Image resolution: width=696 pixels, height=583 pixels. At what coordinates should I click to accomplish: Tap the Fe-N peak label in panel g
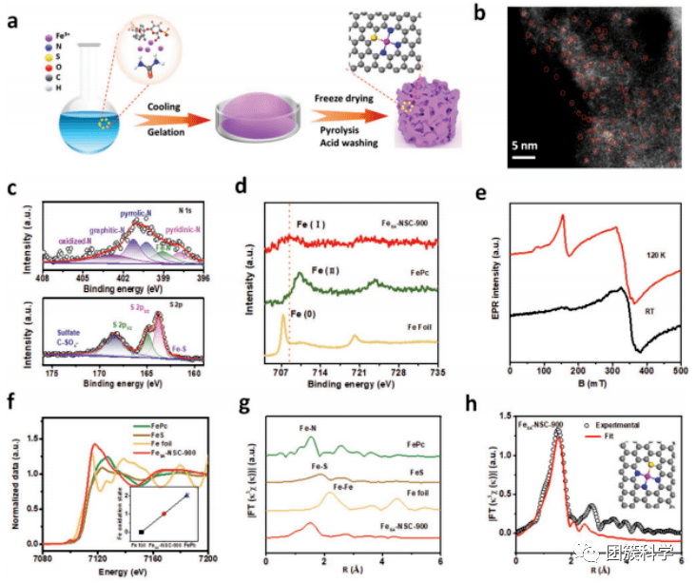tap(307, 428)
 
